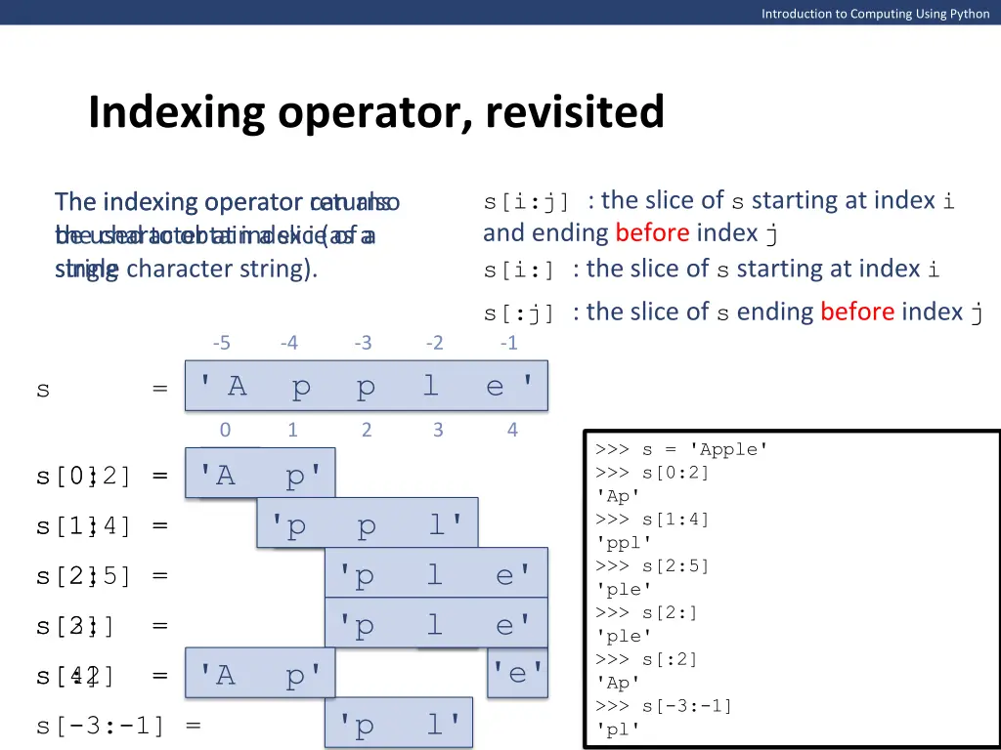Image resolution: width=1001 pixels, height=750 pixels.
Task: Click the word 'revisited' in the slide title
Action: point(574,112)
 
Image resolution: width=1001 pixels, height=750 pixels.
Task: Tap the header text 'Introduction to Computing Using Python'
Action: point(875,13)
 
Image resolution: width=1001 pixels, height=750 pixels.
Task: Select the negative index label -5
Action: point(221,343)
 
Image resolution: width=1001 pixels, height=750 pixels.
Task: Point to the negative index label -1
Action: point(508,343)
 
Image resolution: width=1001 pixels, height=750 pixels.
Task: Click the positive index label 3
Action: point(437,430)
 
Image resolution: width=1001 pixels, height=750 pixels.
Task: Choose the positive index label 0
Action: point(225,430)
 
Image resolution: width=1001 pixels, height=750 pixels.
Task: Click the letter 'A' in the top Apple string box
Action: point(237,387)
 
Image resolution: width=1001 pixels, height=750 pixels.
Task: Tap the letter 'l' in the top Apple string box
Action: point(430,387)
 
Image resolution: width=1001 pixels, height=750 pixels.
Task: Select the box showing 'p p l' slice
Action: point(368,525)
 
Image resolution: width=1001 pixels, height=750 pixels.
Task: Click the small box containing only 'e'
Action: point(518,672)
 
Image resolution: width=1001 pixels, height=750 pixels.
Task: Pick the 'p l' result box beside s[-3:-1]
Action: point(399,725)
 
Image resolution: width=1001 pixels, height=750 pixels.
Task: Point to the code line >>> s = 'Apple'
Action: point(681,449)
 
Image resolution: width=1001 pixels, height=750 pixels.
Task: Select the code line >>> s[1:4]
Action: point(652,520)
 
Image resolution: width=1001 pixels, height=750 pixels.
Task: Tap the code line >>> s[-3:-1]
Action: point(663,706)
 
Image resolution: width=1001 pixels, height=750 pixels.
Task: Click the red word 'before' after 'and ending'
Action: point(652,233)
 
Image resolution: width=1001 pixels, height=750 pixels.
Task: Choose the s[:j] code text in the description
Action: point(519,313)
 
